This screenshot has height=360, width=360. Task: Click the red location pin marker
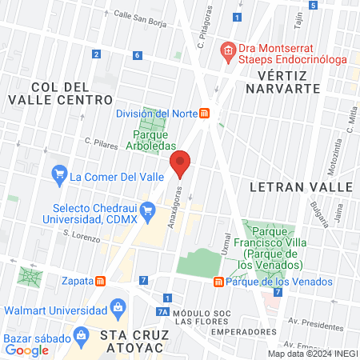pyautogui.click(x=181, y=164)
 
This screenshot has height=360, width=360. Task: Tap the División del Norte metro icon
pyautogui.click(x=205, y=114)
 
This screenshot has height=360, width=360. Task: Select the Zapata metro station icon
pyautogui.click(x=101, y=281)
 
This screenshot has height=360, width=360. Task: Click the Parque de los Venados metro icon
pyautogui.click(x=218, y=282)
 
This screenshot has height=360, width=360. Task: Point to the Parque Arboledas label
pyautogui.click(x=151, y=141)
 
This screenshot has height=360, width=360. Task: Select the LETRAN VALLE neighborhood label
pyautogui.click(x=301, y=186)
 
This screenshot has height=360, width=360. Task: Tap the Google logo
pyautogui.click(x=27, y=349)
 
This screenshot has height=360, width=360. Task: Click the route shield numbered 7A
pyautogui.click(x=162, y=312)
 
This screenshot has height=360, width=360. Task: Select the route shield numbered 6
pyautogui.click(x=138, y=55)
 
